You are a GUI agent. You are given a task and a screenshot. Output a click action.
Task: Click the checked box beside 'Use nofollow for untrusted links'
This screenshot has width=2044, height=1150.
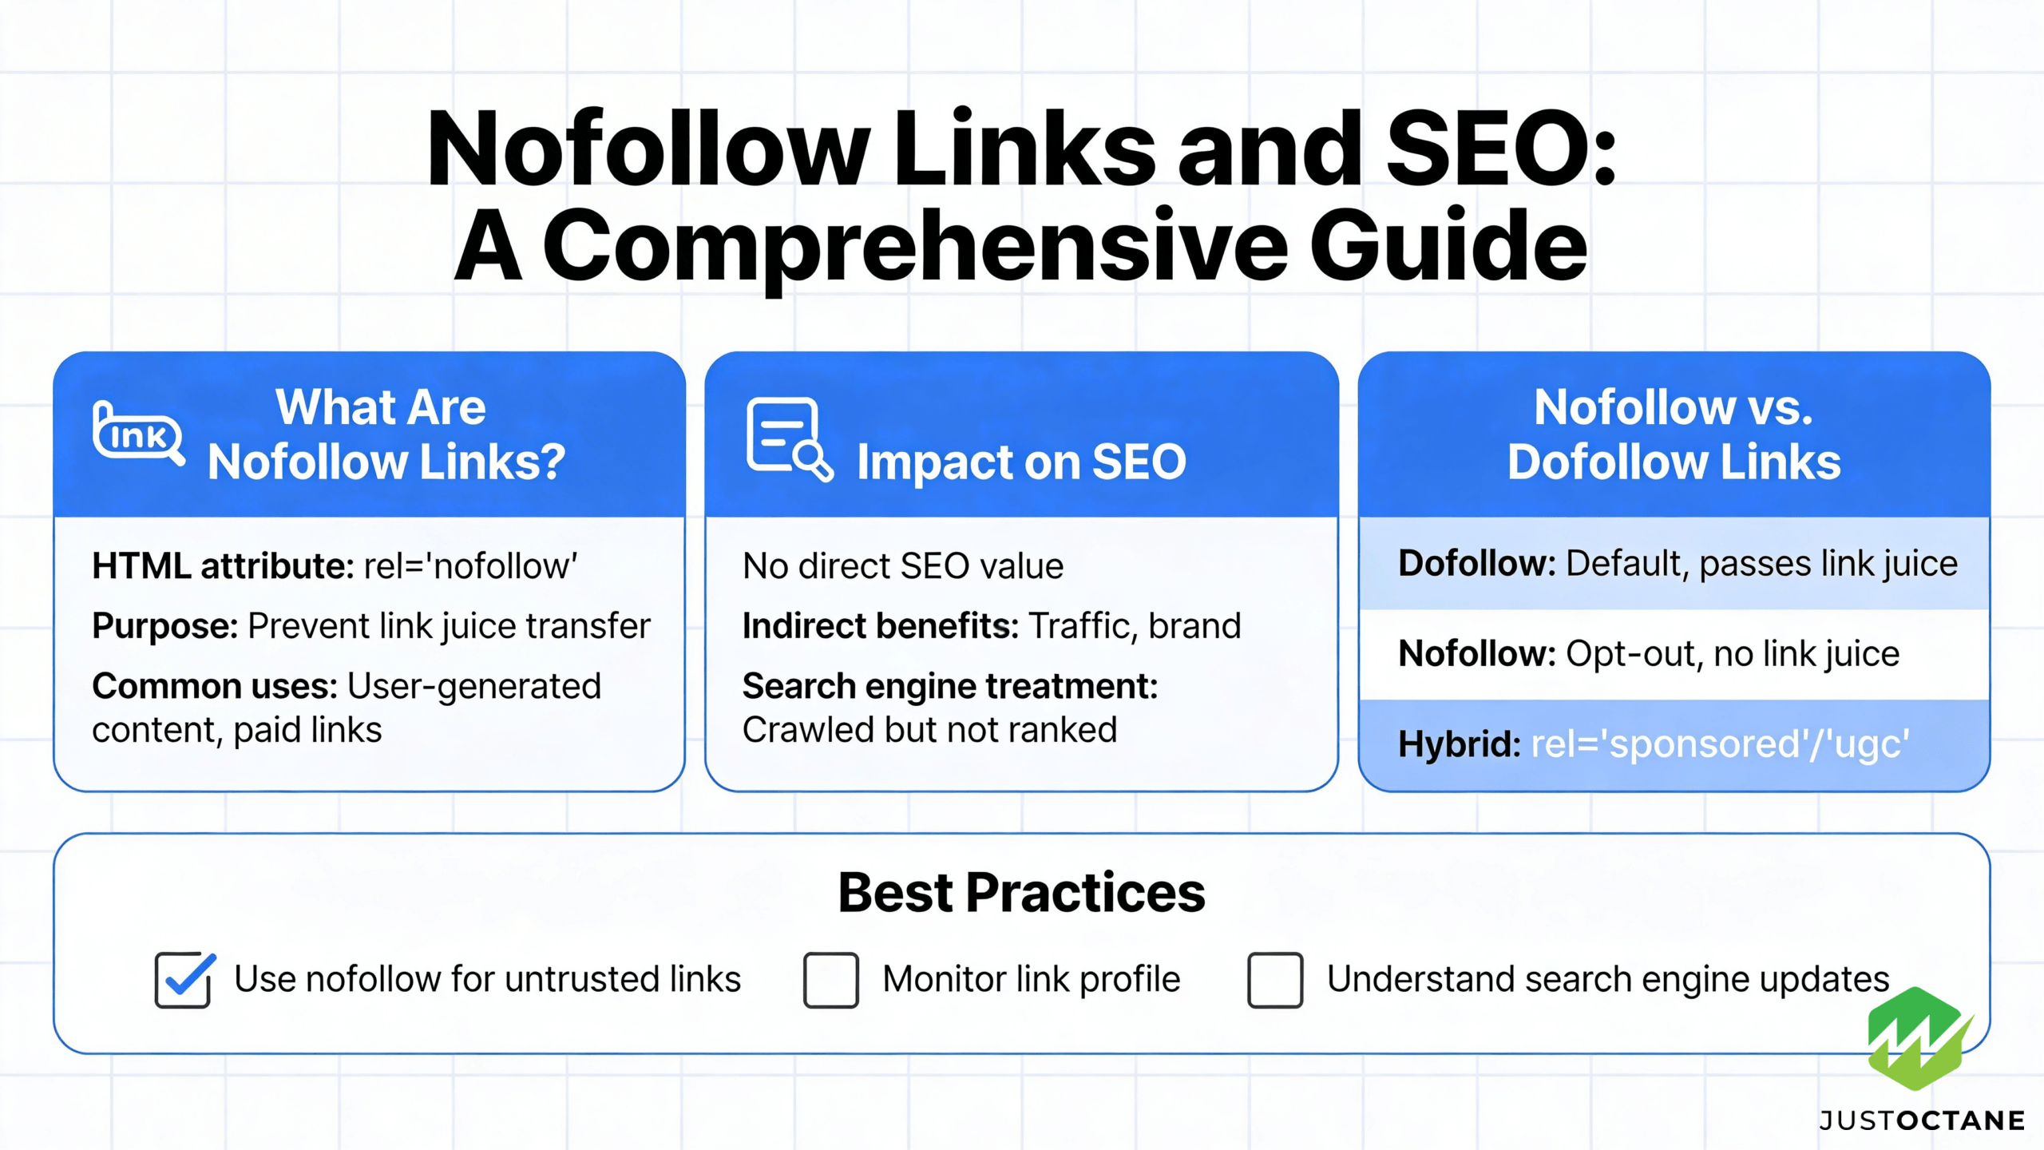click(184, 980)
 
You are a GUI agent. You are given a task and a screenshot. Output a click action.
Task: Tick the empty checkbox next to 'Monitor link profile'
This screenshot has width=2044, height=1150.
click(831, 980)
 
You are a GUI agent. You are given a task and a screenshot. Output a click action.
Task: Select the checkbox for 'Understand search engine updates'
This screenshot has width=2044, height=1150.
click(1275, 980)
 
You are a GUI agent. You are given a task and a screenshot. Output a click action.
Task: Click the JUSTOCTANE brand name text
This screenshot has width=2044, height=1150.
click(1922, 1120)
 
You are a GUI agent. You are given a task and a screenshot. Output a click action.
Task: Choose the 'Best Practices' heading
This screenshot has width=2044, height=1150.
click(1021, 892)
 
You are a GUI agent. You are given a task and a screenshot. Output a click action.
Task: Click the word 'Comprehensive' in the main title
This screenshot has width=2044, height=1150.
click(915, 247)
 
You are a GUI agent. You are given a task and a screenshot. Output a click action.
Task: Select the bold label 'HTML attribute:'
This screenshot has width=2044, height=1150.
click(223, 565)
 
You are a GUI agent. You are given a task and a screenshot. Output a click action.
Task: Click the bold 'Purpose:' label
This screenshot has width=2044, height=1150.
click(165, 626)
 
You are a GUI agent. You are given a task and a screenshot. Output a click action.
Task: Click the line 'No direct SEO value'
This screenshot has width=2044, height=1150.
click(903, 565)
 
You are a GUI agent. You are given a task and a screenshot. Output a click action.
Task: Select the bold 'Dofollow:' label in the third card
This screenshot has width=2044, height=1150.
click(1477, 563)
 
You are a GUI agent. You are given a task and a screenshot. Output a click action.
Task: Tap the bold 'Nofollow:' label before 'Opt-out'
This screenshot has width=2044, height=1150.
click(1477, 653)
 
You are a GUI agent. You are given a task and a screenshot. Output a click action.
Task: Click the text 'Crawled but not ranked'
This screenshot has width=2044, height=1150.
click(929, 729)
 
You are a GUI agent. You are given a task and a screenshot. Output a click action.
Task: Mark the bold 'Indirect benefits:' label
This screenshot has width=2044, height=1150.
click(881, 625)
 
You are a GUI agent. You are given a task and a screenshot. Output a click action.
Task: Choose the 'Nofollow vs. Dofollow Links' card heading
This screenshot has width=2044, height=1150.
click(1674, 434)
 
